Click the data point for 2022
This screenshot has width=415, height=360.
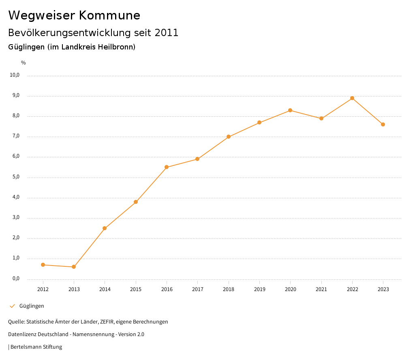[x=352, y=98]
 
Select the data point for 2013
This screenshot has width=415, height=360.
[x=74, y=267]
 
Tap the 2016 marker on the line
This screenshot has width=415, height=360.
[x=167, y=167]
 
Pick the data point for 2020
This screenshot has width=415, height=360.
[x=290, y=110]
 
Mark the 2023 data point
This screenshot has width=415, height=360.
[x=383, y=124]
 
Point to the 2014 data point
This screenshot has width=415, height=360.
[x=105, y=228]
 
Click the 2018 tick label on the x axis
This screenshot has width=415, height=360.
[x=229, y=289]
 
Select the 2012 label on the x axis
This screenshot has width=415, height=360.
[x=43, y=289]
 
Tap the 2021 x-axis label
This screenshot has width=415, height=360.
[x=321, y=289]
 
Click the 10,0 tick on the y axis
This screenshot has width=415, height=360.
[x=15, y=75]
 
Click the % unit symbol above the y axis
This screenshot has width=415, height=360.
[x=24, y=63]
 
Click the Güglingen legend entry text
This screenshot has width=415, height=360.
[x=32, y=306]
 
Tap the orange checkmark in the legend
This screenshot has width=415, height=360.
[x=12, y=306]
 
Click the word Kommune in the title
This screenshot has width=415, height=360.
[x=109, y=15]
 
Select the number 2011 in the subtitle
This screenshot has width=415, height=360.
[x=166, y=33]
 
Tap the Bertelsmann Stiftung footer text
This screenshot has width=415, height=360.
[x=36, y=347]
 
